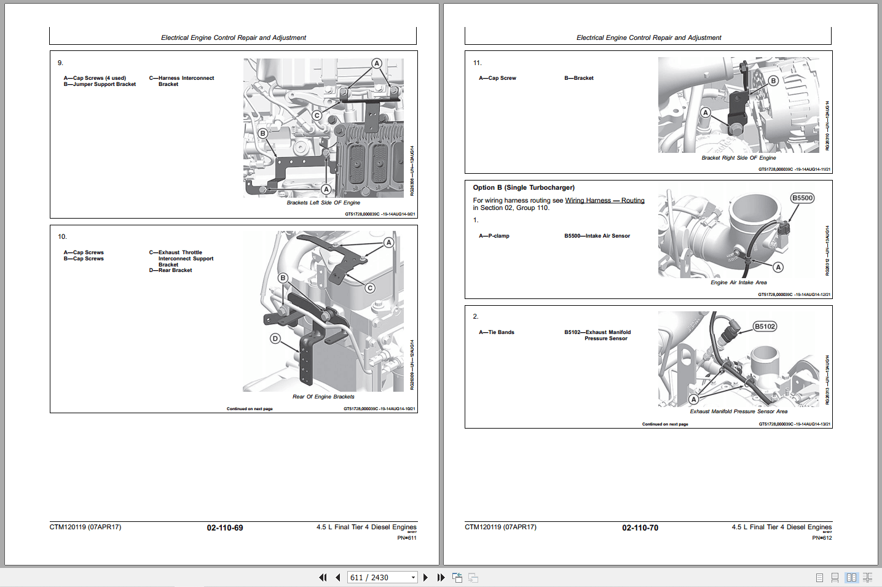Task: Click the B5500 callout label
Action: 802,198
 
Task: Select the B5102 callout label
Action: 765,326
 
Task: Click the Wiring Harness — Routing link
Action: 604,200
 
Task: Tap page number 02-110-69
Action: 224,527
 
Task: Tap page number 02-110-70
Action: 640,527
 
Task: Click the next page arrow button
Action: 425,577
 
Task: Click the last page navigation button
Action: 441,577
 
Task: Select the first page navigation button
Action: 323,577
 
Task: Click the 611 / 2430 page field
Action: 378,577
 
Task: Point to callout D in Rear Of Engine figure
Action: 275,338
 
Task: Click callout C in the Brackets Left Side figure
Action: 317,115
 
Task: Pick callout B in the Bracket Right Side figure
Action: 773,80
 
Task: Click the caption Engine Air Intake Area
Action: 738,282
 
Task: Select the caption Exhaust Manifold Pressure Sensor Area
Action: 738,411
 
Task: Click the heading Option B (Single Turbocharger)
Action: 524,187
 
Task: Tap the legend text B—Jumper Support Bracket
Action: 100,84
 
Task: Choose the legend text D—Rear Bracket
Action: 170,270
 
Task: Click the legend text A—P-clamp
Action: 494,236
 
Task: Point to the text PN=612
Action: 822,538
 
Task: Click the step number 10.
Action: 62,236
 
